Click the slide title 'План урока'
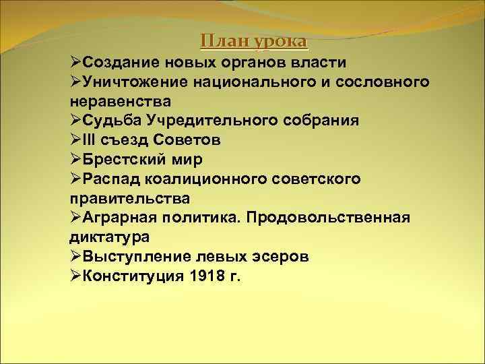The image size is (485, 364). coord(253,42)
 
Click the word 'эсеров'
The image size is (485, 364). coord(286,257)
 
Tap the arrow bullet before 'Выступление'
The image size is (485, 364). coord(75,257)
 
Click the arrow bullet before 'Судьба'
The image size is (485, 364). coord(75,121)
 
